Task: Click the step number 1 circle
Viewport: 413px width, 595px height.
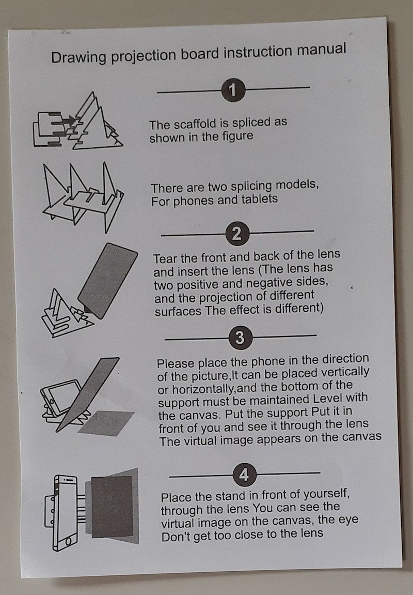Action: click(x=233, y=90)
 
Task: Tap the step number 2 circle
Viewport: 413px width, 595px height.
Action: click(x=237, y=233)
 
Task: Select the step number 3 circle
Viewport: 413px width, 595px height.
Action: click(x=240, y=338)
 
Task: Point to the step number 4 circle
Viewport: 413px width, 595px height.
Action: click(x=244, y=475)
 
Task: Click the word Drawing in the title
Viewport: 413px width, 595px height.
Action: click(x=79, y=58)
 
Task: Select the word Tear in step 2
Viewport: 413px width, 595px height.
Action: click(x=165, y=259)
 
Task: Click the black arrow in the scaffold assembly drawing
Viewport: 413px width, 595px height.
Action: click(x=70, y=120)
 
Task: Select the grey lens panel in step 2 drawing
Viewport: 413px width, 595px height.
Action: click(x=107, y=281)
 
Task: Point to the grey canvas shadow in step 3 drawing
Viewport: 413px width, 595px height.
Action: click(x=106, y=423)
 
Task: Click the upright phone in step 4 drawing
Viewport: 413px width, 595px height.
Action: click(x=65, y=513)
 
